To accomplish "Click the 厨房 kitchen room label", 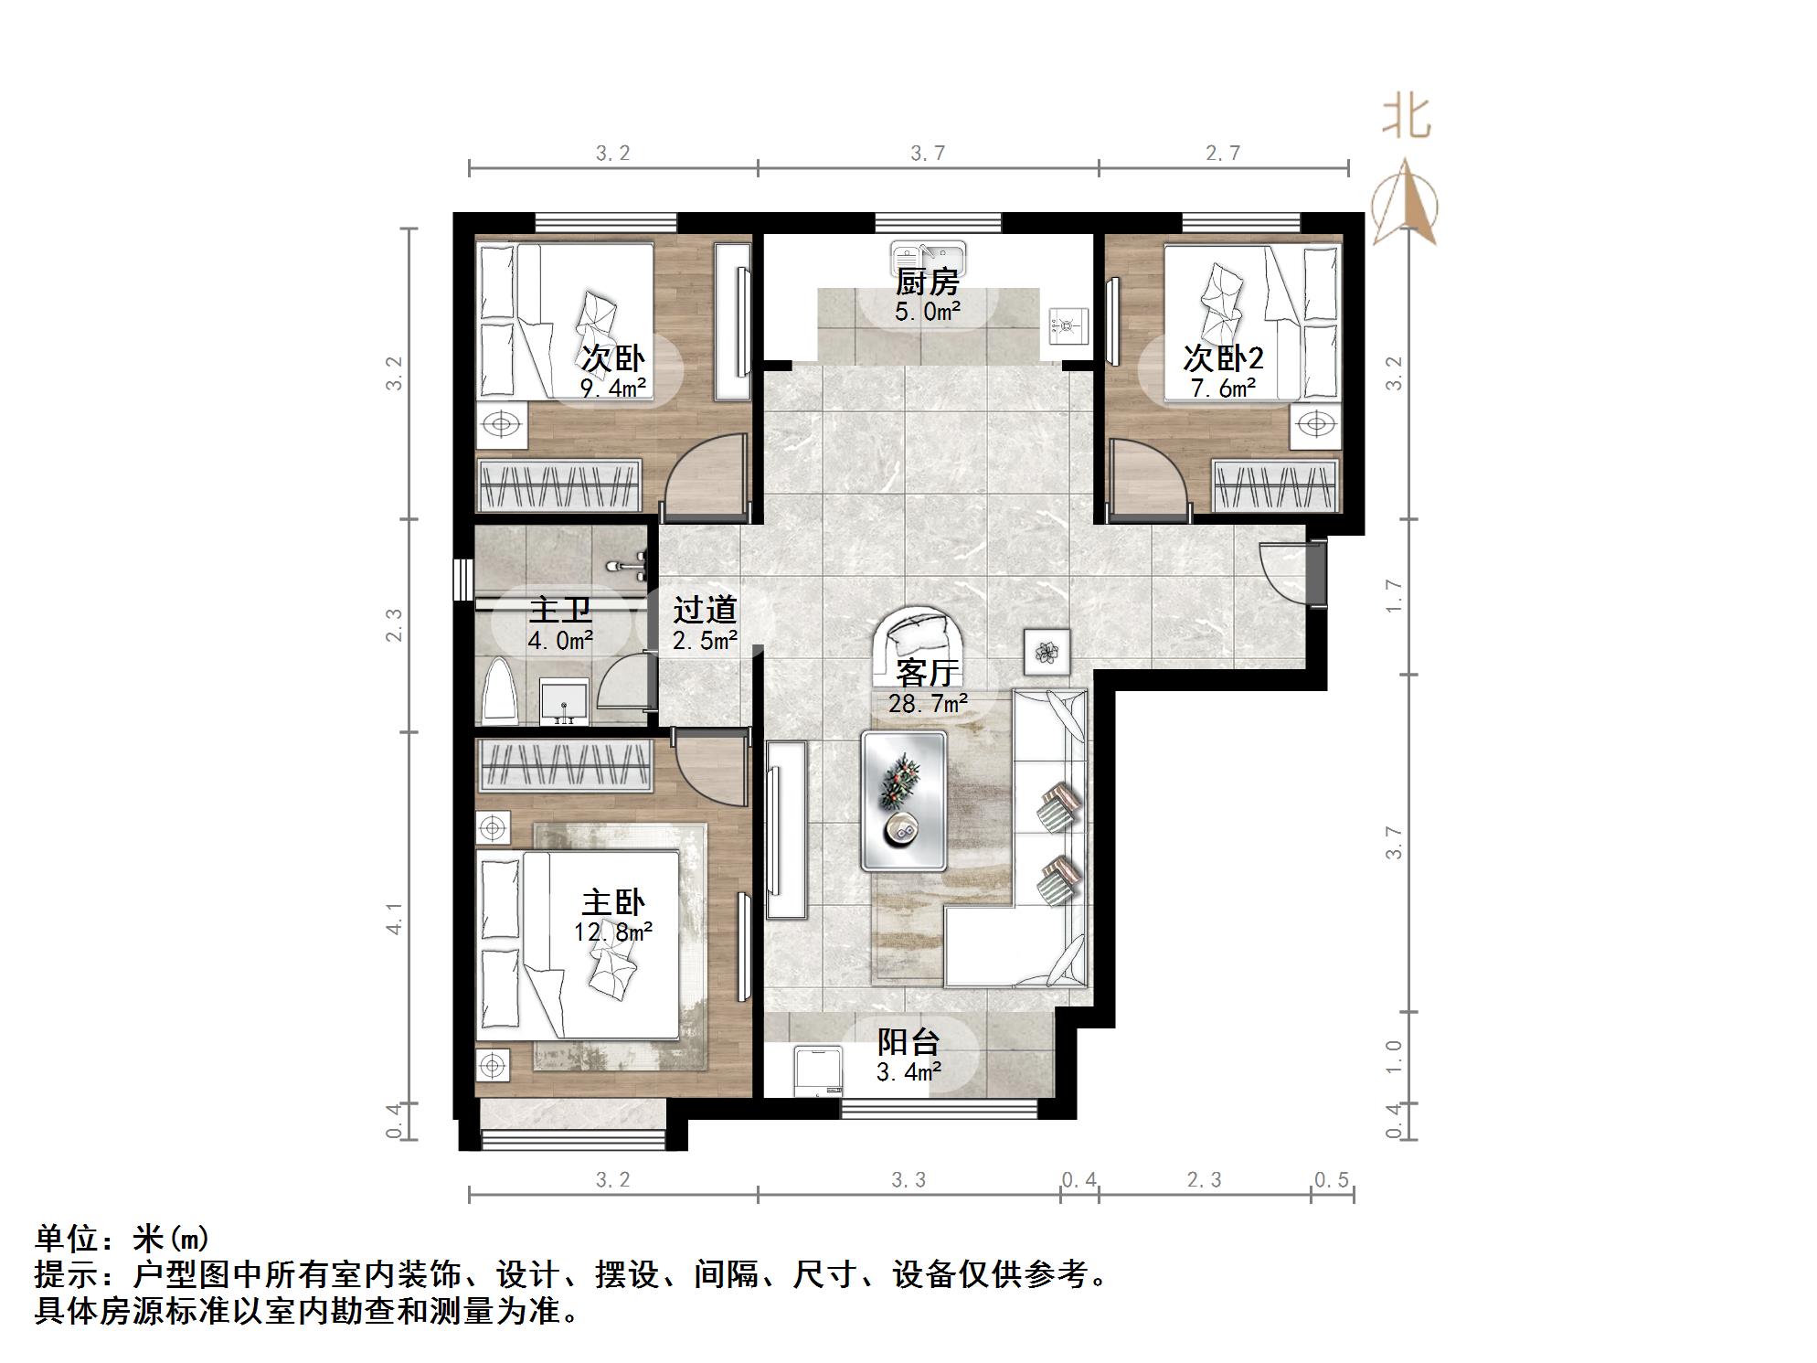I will (x=927, y=282).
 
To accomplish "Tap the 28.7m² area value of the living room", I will (x=927, y=704).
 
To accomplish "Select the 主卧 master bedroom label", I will (x=612, y=903).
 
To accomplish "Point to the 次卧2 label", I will (x=1223, y=357).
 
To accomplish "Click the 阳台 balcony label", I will (x=908, y=1042).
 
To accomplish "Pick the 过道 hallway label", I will (x=705, y=610).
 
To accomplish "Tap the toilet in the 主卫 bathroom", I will (x=501, y=690).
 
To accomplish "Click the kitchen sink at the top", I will (x=927, y=253).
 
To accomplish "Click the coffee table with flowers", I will (x=903, y=800).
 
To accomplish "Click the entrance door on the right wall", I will (x=1287, y=572).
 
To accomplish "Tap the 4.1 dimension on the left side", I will (x=394, y=918).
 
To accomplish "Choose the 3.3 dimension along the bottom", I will (x=908, y=1180).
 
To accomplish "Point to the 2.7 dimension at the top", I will (x=1223, y=154).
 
